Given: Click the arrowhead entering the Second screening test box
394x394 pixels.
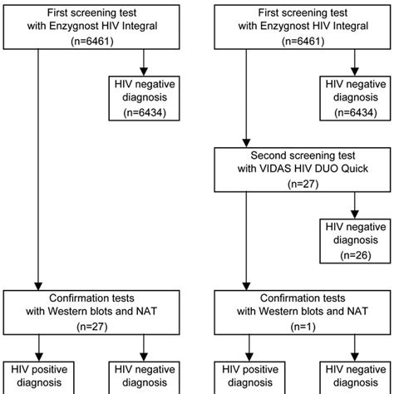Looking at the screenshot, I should point(245,143).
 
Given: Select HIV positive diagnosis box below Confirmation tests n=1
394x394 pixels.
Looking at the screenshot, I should point(245,376).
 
